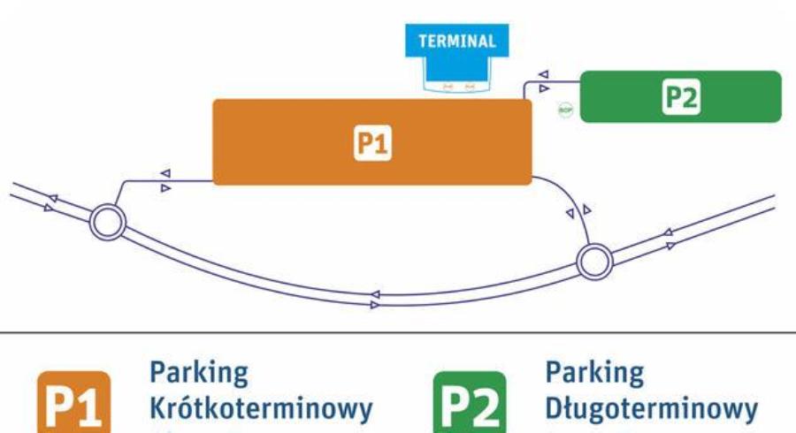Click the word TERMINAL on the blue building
point(457,41)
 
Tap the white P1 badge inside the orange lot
point(372,143)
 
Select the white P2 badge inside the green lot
point(681,97)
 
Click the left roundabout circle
point(108,222)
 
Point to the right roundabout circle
point(593,261)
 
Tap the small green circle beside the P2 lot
point(565,110)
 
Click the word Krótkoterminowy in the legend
point(261,409)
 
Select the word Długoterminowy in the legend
point(652,409)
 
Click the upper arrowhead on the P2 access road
point(543,75)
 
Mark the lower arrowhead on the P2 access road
point(543,88)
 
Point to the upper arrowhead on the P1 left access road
point(165,175)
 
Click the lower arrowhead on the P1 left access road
point(165,188)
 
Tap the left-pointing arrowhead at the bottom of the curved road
point(375,293)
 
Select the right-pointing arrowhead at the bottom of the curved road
point(375,305)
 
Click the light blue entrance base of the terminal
point(458,85)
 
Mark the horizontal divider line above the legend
point(398,333)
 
